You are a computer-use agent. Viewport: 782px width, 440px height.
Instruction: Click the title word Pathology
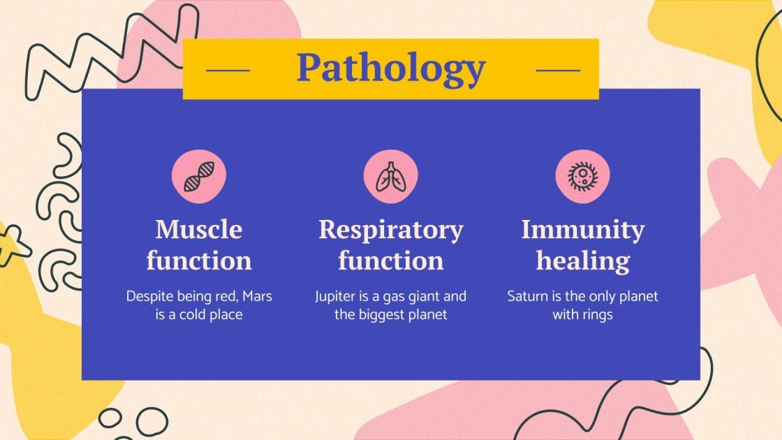pos(390,68)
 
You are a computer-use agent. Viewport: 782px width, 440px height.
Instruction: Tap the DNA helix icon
pos(199,177)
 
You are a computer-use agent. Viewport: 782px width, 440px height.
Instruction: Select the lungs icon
pos(390,177)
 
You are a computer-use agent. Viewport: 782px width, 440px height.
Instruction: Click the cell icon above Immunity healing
pos(582,176)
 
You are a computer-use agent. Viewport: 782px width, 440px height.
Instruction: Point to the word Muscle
pos(199,229)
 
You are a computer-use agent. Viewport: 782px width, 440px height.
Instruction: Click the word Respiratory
pos(390,230)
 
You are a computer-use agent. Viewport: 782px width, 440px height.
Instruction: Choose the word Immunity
pos(582,230)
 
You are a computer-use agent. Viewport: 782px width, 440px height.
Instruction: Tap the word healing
pos(582,261)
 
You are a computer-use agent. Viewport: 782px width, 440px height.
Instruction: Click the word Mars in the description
pos(257,296)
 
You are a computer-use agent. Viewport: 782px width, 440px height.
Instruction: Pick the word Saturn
pos(529,296)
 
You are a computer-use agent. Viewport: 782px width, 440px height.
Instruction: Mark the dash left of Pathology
pos(228,70)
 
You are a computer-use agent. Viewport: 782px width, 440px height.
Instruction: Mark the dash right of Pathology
pos(557,70)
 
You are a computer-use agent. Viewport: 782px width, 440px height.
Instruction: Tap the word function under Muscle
pos(199,261)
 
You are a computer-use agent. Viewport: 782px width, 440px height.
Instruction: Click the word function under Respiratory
pos(390,261)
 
